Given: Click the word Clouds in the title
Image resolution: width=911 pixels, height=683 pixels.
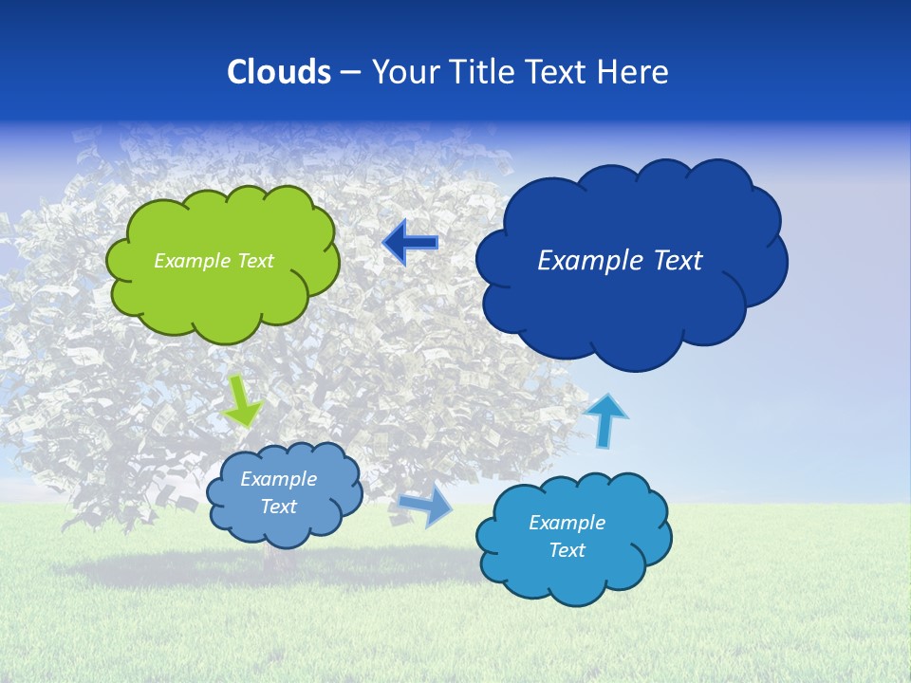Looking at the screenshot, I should coord(279,72).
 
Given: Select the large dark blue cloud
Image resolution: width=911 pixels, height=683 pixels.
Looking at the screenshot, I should coord(631,304).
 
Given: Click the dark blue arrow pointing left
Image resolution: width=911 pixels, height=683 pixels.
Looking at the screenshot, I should coord(410,243).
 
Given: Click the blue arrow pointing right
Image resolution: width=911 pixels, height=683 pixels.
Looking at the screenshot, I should coord(426,507).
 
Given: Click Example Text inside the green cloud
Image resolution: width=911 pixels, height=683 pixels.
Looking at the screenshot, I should coord(214,261).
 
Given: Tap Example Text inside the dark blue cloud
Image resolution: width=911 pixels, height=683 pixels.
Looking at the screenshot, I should coord(620,261).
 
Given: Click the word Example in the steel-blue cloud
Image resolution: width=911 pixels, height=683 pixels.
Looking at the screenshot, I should coord(278,479).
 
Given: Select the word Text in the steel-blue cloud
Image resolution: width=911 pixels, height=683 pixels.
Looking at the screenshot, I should coord(278,507).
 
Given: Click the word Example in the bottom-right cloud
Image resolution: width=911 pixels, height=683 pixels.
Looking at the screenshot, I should coord(567,523).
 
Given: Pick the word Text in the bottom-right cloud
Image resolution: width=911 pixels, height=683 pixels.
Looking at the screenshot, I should coord(567,550).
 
